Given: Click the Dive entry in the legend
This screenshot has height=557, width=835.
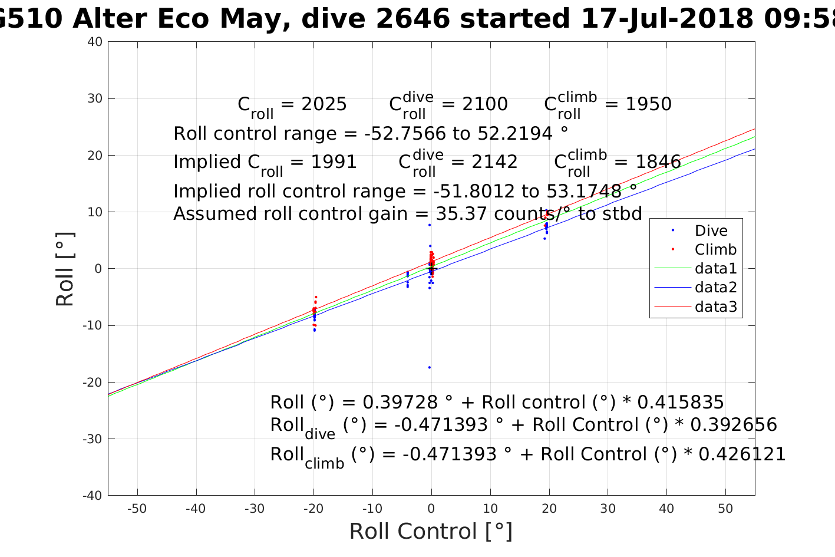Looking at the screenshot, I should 711,231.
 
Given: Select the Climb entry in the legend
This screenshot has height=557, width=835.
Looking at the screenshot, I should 715,250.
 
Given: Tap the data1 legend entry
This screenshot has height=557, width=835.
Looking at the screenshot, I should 715,269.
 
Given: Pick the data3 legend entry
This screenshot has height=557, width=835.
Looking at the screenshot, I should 715,306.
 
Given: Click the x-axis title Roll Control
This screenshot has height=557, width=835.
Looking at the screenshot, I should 431,532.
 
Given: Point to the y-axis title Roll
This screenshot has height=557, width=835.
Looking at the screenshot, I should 65,269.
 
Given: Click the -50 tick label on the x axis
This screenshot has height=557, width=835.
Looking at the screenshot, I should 137,509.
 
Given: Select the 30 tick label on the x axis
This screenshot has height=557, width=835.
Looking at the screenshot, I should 608,509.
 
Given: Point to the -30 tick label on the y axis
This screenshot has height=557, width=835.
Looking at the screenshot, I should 93,439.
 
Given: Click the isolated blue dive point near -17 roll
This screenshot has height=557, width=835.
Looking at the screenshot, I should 430,367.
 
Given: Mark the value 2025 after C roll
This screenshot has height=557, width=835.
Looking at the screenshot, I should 324,104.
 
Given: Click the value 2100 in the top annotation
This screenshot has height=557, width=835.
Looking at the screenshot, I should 485,104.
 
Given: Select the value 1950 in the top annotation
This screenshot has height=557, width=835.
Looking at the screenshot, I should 648,104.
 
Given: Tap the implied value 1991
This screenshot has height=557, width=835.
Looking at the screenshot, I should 334,162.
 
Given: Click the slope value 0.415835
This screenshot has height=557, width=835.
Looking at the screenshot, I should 681,403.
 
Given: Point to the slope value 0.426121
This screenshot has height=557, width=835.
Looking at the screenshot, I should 742,454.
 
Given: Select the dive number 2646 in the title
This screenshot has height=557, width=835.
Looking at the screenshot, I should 413,19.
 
